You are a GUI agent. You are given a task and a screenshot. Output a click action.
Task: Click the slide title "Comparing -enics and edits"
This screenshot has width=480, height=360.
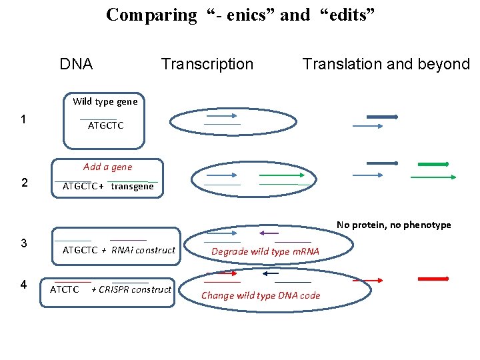tap(241, 15)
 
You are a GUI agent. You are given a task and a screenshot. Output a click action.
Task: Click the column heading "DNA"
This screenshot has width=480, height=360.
tap(76, 64)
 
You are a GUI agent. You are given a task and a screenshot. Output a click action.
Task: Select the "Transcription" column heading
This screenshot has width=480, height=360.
tap(207, 64)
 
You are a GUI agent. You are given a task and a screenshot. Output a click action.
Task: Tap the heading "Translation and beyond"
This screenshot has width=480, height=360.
tap(386, 64)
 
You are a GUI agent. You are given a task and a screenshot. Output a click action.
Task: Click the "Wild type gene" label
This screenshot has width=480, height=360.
tap(105, 101)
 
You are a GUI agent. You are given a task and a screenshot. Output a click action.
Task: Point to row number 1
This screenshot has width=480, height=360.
tap(24, 120)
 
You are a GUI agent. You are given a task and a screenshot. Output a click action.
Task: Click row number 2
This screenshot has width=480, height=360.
tap(24, 183)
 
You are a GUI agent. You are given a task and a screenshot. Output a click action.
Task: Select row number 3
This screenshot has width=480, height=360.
tap(24, 243)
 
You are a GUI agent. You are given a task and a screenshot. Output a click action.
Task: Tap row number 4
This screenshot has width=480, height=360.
tap(24, 285)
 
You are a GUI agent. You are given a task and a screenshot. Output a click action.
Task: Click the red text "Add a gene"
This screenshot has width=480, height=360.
tap(107, 167)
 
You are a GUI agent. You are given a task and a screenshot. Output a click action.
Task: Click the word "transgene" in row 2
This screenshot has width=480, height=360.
tap(132, 186)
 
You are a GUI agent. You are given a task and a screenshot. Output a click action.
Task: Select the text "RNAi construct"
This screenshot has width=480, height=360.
tap(143, 250)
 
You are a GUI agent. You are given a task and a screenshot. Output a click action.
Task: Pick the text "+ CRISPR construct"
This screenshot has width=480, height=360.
tap(131, 289)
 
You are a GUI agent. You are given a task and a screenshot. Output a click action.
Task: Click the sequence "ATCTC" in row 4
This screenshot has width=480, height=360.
tap(65, 289)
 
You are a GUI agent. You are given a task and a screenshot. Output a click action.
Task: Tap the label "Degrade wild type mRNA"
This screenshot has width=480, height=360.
tap(265, 251)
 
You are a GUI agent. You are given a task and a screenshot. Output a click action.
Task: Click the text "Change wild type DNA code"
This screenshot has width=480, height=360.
tap(261, 295)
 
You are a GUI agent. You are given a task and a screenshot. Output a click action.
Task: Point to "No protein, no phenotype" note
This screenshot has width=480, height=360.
tap(393, 225)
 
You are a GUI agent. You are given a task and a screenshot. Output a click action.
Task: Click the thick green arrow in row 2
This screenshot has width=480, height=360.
tap(433, 163)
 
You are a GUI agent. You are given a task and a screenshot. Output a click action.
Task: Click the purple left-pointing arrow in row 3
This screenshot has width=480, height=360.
tap(268, 233)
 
